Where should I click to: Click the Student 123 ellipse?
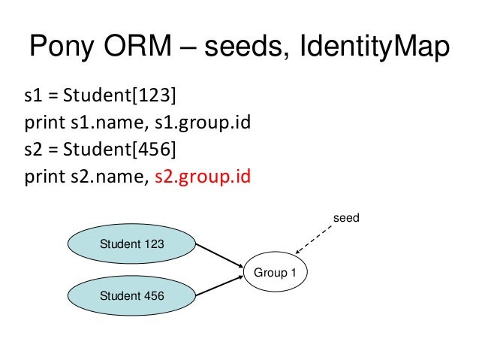click(132, 244)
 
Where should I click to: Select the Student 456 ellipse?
click(132, 295)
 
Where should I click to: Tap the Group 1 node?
click(275, 272)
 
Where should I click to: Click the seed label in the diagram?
click(346, 219)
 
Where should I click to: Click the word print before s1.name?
click(44, 123)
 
